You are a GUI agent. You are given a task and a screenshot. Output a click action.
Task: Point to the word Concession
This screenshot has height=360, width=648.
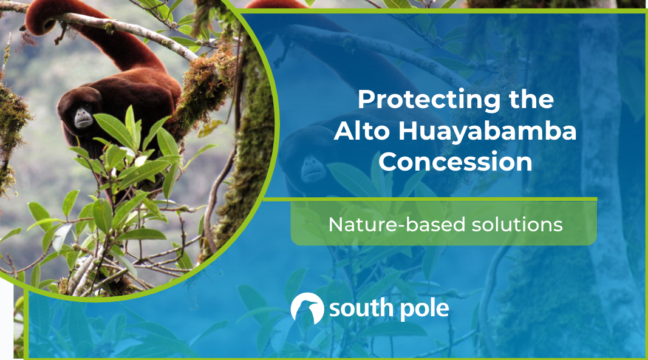[x=455, y=162]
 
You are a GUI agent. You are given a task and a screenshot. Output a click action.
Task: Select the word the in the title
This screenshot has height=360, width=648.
[x=532, y=100]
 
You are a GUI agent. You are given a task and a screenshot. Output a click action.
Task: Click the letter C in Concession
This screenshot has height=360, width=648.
[x=389, y=162]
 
